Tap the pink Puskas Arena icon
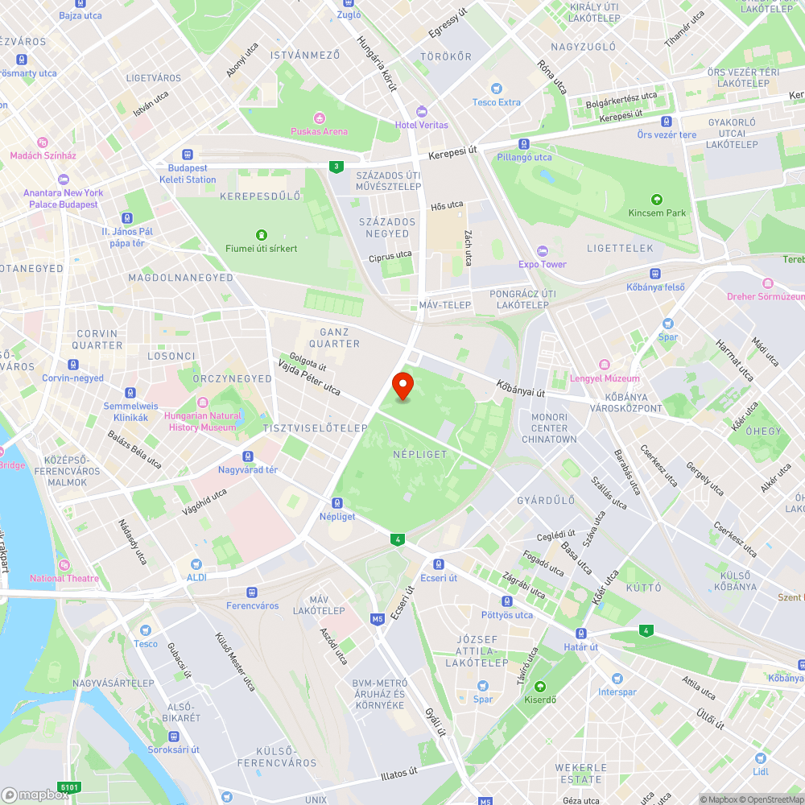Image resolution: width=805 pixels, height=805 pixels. click(319, 118)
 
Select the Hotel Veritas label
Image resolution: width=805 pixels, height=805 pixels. click(421, 125)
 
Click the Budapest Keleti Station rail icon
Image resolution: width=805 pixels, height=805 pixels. click(188, 155)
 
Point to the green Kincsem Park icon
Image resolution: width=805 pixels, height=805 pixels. click(657, 200)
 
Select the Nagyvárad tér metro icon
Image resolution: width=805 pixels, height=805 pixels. click(248, 456)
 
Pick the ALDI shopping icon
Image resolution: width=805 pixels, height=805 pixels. click(196, 564)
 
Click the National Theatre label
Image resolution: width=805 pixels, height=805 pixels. click(64, 578)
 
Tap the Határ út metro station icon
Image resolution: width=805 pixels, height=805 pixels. click(580, 634)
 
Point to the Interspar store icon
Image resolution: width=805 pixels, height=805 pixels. click(617, 679)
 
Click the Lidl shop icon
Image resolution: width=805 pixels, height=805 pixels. click(760, 758)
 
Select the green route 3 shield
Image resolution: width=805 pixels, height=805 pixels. click(335, 167)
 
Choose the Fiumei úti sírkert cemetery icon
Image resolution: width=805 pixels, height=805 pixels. click(260, 234)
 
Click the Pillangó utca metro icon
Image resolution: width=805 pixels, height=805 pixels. click(524, 144)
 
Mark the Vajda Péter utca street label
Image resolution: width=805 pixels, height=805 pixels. click(309, 377)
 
